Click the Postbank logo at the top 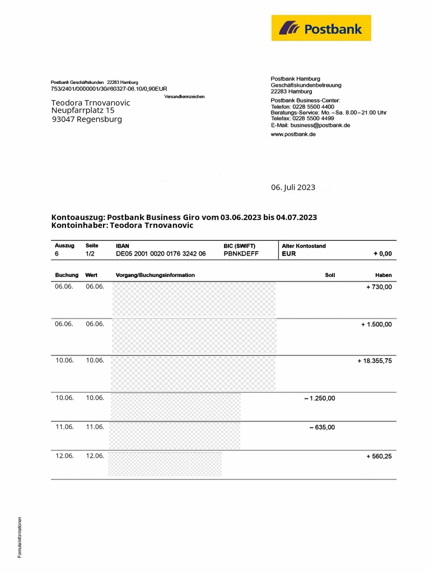coord(321,28)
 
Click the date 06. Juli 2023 coord(293,187)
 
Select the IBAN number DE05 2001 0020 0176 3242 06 coord(161,253)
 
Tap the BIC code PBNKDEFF coord(241,253)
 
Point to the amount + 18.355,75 coord(375,361)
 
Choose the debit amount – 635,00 coord(322,428)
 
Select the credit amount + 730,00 coord(379,286)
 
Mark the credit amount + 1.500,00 coord(376,324)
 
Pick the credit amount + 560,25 coord(379,457)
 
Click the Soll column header coord(330,275)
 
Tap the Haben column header coord(384,275)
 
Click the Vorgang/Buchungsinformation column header coord(155,275)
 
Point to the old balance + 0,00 coord(382,253)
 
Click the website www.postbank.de coord(293,134)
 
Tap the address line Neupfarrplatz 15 coord(83,111)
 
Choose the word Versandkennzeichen coord(184,97)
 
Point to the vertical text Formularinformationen coord(20,537)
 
